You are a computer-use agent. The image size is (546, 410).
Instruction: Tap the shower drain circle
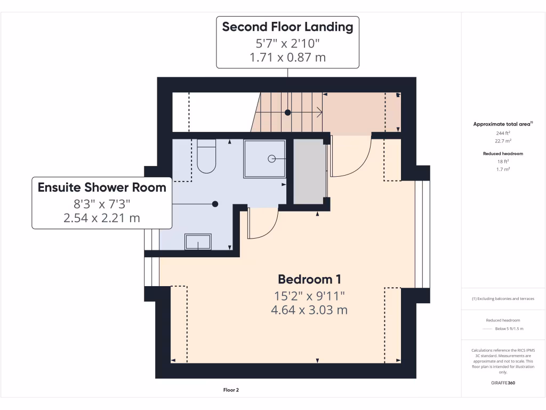coord(271,159)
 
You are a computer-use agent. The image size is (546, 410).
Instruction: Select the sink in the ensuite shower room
coord(198,242)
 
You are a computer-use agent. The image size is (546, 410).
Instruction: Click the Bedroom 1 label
coord(309,279)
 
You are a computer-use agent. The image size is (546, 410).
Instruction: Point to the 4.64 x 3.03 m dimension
coord(309,310)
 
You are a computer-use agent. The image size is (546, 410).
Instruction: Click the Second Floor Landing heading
coord(287,27)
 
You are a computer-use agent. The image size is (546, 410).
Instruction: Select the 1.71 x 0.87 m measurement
coord(287,57)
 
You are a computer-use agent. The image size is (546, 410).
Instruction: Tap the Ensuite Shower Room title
coord(102,187)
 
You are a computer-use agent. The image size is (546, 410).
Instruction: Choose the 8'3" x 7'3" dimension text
coord(102,203)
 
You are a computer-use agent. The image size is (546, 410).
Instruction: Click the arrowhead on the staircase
coord(319,113)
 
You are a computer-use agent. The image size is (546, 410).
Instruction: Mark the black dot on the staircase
coord(288,113)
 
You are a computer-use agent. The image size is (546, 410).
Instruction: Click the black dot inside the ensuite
coord(215,204)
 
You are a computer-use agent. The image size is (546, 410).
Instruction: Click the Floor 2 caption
coord(231,390)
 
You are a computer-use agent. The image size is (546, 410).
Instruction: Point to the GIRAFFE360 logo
coord(503,383)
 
